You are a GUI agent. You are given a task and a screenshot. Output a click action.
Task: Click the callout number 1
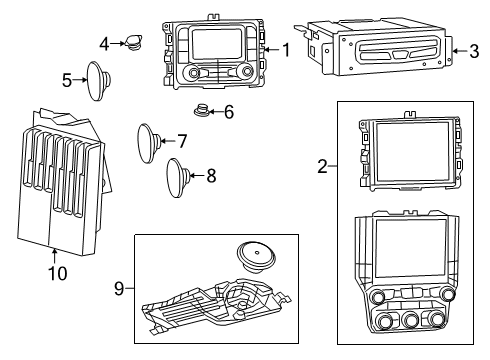(286, 49)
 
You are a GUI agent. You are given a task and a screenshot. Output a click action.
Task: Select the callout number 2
(323, 167)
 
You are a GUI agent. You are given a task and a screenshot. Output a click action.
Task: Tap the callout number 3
(473, 50)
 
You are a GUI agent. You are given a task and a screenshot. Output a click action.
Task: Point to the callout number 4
(105, 43)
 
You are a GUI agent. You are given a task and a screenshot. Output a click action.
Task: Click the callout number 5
(67, 79)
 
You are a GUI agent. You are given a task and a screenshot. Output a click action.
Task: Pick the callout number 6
(229, 113)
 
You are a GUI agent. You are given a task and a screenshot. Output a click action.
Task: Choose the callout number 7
(182, 140)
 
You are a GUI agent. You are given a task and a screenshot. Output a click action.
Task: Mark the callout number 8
(210, 177)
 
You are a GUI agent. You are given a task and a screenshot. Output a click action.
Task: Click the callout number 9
(120, 289)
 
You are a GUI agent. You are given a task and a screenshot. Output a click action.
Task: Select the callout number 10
(55, 272)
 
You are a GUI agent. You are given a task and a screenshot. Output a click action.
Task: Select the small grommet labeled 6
(203, 111)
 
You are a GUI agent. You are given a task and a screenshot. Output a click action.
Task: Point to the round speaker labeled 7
(151, 142)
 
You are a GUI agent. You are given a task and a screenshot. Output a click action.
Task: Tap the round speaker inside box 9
(256, 257)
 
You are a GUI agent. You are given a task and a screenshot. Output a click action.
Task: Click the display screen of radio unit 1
(217, 45)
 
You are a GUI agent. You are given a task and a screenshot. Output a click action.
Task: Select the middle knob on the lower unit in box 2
(411, 320)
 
